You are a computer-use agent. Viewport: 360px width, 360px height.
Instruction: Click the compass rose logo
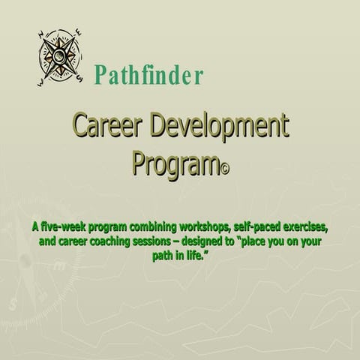(x=58, y=57)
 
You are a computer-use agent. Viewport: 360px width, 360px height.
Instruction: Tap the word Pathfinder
(x=148, y=75)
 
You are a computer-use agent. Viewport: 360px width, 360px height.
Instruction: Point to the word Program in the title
(x=172, y=163)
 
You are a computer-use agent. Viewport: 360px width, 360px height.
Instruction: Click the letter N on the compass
(x=43, y=34)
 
